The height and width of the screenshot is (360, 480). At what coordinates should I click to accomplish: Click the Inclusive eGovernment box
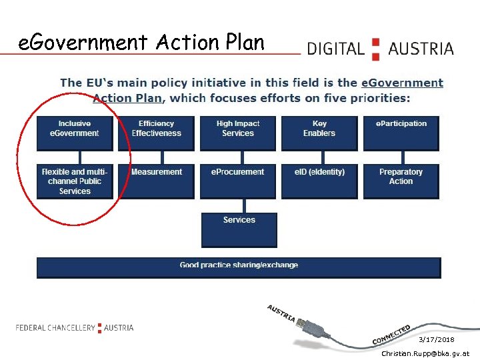tap(75, 133)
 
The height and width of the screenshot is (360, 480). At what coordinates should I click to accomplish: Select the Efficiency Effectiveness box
tap(156, 133)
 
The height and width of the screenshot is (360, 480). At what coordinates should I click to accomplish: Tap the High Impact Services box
tap(238, 133)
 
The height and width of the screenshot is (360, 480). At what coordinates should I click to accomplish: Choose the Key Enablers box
tap(319, 133)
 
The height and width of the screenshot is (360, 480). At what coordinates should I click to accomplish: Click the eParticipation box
tap(401, 133)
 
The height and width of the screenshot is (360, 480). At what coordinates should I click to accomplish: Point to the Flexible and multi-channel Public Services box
tap(75, 181)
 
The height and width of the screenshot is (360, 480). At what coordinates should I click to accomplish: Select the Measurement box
tap(156, 181)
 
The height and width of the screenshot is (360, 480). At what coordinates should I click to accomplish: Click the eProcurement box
tap(238, 181)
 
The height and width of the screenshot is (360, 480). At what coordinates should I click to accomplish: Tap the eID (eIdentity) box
tap(319, 181)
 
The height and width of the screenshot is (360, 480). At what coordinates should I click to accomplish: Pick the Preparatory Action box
tap(401, 181)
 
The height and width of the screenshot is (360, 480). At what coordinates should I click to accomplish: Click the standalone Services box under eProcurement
tap(239, 229)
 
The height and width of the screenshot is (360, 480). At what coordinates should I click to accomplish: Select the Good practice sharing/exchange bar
tap(239, 267)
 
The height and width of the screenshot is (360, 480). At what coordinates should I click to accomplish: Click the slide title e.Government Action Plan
tap(141, 43)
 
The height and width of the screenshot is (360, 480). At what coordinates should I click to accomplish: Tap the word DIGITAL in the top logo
tap(335, 49)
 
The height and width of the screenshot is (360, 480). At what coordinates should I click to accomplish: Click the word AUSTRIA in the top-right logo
tap(421, 49)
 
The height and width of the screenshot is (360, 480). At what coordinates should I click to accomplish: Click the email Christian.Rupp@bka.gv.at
tap(425, 353)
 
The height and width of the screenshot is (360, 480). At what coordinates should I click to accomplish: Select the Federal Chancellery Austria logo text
tap(75, 327)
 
